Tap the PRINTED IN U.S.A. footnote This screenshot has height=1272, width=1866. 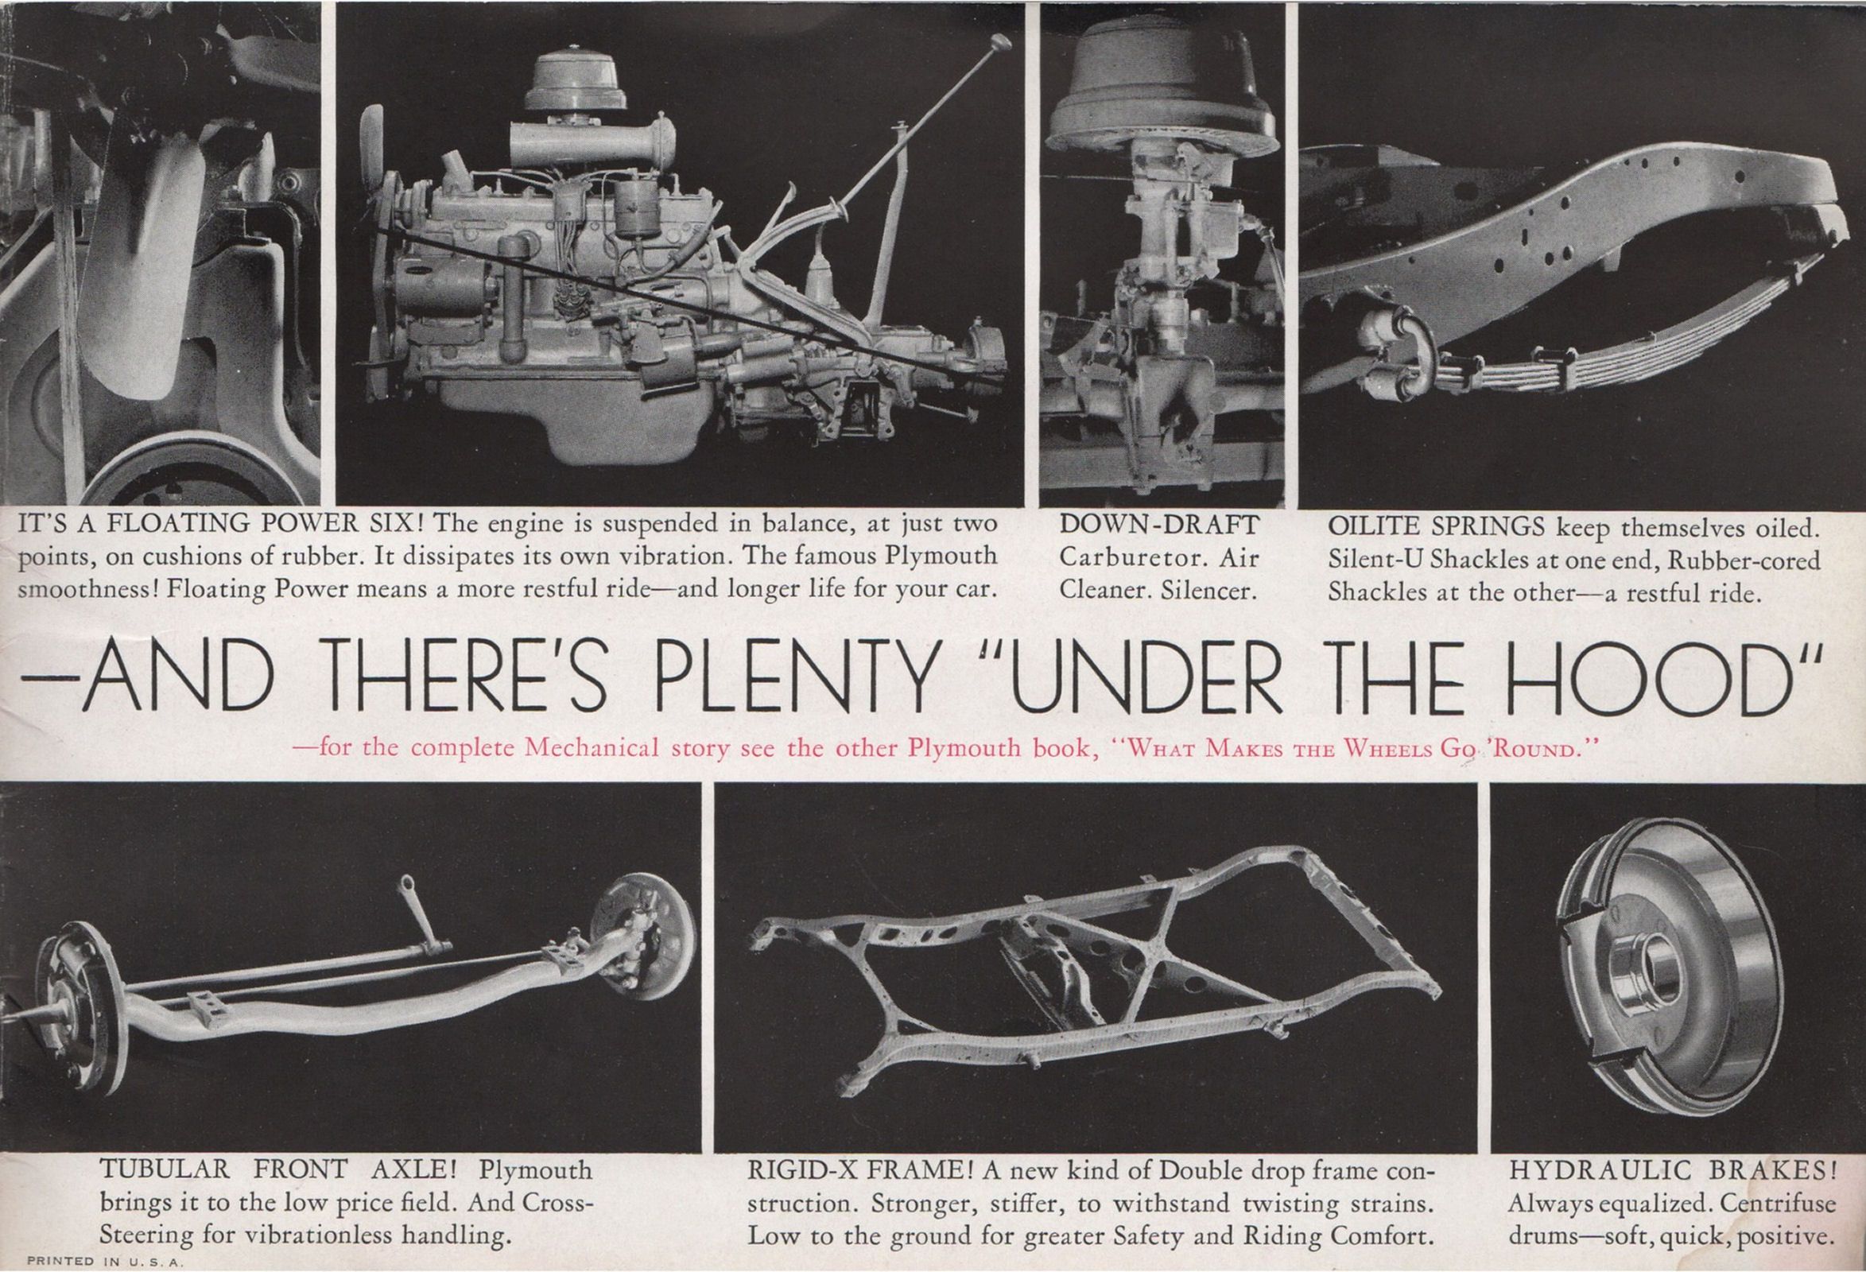tap(106, 1262)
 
